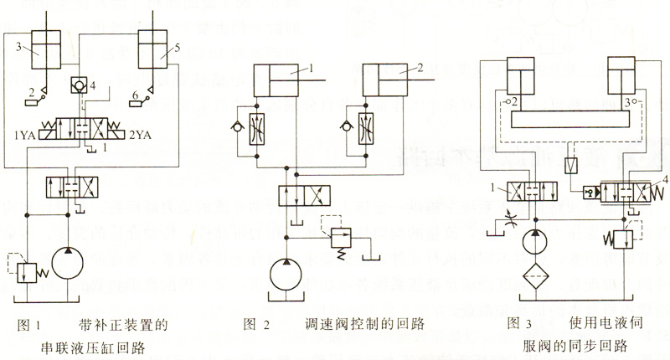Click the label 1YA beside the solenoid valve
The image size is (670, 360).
tap(24, 134)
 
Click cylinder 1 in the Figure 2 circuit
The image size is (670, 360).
tap(284, 81)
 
